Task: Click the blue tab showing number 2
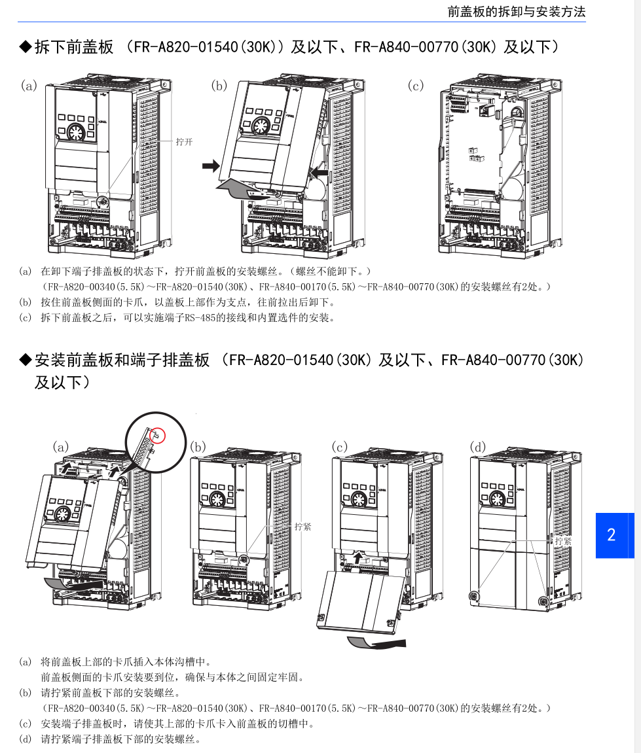[615, 535]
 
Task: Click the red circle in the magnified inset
[157, 436]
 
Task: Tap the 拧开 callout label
[184, 142]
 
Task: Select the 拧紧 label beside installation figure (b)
[302, 527]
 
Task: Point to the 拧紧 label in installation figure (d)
[563, 541]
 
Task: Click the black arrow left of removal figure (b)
[210, 166]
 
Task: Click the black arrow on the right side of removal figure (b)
[320, 171]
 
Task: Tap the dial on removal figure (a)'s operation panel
[75, 131]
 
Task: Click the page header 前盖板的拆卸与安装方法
[517, 12]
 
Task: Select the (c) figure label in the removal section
[416, 86]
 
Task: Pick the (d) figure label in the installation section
[477, 447]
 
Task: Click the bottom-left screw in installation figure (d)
[474, 597]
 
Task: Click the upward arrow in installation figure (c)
[357, 557]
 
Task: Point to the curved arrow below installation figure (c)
[376, 642]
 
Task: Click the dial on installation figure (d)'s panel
[498, 500]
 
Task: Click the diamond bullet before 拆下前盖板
[25, 47]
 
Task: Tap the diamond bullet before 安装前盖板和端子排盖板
[25, 360]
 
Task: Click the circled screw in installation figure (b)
[244, 559]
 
